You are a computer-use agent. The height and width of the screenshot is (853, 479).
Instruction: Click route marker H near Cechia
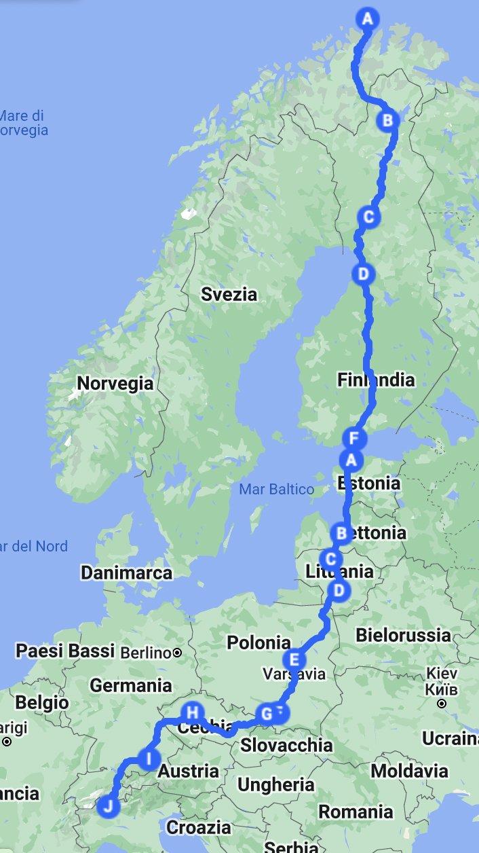point(193,712)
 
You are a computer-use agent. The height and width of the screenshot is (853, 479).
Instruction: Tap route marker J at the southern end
point(108,807)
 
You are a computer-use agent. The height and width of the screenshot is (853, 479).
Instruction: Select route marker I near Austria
point(149,758)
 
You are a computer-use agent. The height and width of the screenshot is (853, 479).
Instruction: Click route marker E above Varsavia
point(294,659)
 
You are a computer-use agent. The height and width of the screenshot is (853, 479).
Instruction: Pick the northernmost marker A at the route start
point(368,18)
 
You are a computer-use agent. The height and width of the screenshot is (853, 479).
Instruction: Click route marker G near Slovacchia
point(267,714)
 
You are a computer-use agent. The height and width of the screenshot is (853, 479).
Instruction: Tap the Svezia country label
point(229,294)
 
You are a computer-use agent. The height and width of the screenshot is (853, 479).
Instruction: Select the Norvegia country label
point(115,383)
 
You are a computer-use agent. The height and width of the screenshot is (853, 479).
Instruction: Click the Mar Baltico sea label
point(277,489)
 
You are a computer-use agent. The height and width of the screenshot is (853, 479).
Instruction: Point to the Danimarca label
point(127,573)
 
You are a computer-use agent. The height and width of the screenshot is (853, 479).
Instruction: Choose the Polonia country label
point(258,642)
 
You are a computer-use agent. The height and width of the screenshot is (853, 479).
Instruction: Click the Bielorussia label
point(403,635)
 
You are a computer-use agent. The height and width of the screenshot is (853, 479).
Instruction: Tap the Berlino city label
point(145,653)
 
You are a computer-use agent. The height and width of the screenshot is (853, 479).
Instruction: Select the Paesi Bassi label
point(65,651)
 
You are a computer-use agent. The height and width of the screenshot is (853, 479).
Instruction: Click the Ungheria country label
point(276,785)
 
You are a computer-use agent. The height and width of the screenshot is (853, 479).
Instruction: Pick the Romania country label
point(356,812)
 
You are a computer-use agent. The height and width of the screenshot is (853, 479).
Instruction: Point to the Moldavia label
point(409,771)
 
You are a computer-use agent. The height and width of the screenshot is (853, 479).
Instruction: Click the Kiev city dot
point(442,704)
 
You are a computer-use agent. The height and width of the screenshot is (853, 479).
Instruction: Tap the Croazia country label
point(199,827)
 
